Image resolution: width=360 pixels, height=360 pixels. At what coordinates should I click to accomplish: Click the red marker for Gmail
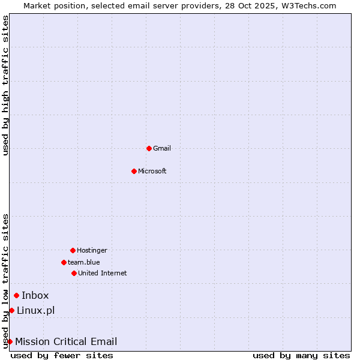[149, 148]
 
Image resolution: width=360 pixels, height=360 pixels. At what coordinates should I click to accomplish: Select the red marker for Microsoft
[134, 171]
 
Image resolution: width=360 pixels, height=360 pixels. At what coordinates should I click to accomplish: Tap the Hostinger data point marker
[73, 250]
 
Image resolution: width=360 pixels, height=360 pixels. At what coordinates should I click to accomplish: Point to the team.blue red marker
[64, 262]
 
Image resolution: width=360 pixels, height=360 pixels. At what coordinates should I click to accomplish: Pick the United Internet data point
[74, 273]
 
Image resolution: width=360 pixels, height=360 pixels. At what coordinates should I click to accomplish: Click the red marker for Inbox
[16, 295]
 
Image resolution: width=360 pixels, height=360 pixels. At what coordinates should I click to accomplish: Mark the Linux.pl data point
[11, 310]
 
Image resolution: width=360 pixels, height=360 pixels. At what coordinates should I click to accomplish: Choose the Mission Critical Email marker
[10, 341]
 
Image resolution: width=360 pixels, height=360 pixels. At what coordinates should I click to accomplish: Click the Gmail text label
[162, 148]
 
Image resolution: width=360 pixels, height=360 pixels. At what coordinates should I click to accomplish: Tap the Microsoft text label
[152, 171]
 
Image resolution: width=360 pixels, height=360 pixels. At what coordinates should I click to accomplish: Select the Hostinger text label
[92, 250]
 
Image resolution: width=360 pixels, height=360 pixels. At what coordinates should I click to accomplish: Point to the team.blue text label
[84, 262]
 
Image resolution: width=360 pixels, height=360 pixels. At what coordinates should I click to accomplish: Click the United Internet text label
[103, 273]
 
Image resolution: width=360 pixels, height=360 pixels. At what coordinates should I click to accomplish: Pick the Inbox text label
[35, 295]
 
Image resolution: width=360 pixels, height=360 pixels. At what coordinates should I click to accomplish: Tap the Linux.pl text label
[36, 310]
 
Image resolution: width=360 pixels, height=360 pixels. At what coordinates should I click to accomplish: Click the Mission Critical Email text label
[66, 341]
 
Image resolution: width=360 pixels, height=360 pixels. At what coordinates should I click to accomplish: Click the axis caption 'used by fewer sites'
[62, 355]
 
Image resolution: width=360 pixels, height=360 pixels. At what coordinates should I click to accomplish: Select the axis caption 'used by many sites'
[301, 355]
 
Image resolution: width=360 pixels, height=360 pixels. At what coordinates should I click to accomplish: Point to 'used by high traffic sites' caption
[5, 85]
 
